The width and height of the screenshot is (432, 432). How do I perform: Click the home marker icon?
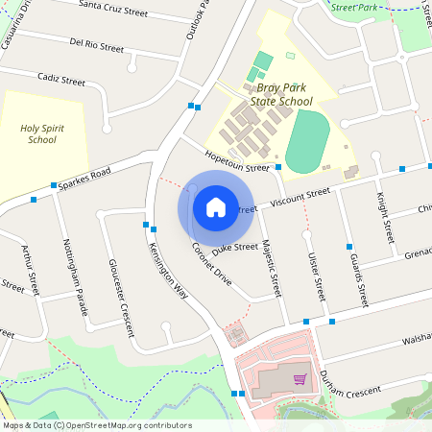point(215,206)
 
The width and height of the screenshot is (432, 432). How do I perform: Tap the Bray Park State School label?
point(281,93)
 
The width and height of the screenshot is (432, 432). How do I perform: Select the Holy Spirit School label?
point(42,132)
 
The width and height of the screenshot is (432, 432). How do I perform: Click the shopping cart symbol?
point(300,379)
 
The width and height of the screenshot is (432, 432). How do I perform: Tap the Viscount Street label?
point(300,198)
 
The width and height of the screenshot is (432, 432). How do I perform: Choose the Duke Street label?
point(235,248)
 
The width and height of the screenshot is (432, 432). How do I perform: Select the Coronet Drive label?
point(211,265)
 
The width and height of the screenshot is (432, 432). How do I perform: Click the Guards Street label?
point(358,279)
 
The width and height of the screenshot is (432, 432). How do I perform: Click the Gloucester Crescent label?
point(121,299)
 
